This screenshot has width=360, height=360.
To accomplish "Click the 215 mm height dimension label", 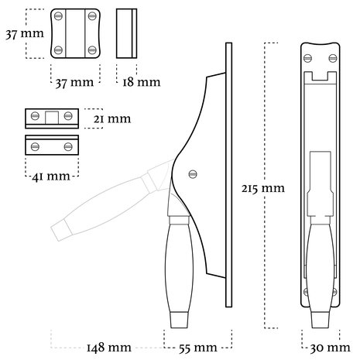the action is pyautogui.click(x=263, y=188).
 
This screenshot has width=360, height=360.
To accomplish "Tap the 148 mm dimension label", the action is pyautogui.click(x=109, y=348).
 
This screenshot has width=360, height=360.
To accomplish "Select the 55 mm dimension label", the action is pyautogui.click(x=198, y=348).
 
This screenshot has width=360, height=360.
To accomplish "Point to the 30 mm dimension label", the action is pyautogui.click(x=330, y=348).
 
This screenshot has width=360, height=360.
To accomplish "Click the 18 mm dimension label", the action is pyautogui.click(x=141, y=82).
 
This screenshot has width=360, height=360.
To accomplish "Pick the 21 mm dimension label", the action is pyautogui.click(x=112, y=119).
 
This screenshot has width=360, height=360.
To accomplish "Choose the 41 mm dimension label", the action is pyautogui.click(x=51, y=177).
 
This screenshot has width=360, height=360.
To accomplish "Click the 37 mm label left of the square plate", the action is pyautogui.click(x=25, y=34).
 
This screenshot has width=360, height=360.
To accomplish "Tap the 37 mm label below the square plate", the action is pyautogui.click(x=74, y=83).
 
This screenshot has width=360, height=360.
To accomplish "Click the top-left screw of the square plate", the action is pyautogui.click(x=58, y=16).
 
